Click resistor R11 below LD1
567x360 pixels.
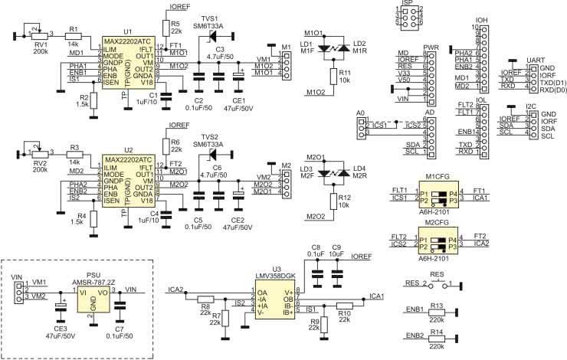[x=333, y=75]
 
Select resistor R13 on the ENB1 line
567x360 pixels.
[x=437, y=312]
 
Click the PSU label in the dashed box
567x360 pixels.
[x=93, y=273]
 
